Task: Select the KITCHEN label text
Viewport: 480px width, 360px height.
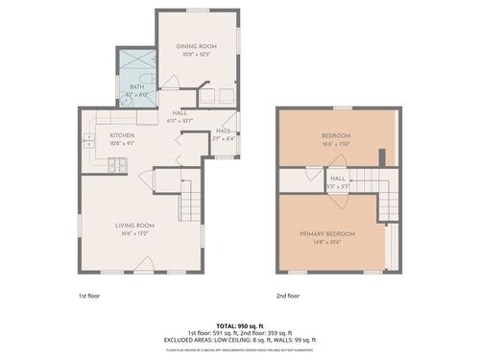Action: [121, 135]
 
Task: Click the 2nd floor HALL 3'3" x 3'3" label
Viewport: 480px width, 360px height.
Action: [338, 182]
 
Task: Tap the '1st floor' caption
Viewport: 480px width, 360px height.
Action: [91, 296]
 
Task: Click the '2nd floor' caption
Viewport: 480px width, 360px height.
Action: [288, 296]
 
